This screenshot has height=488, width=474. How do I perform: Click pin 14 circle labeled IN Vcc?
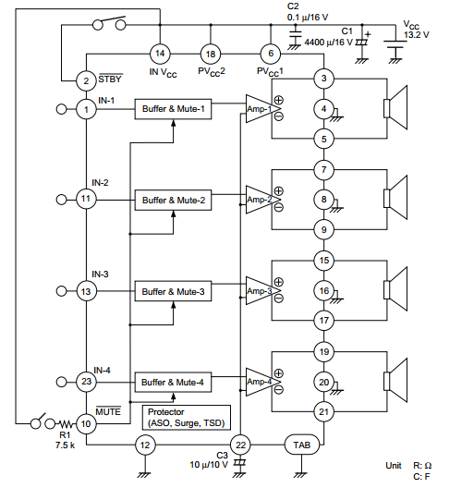160,54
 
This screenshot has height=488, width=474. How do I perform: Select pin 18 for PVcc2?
211,54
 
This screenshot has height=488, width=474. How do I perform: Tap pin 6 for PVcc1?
270,54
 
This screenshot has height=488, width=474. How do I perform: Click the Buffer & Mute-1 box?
176,110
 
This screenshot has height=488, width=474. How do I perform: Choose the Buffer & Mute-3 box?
176,291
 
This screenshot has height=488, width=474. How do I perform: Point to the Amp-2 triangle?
260,200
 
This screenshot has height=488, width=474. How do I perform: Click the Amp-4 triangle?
260,381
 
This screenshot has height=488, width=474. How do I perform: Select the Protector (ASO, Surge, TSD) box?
185,417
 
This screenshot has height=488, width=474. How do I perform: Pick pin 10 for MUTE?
86,423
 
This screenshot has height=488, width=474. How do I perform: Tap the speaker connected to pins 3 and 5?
398,110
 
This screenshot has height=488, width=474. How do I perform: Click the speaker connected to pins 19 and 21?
398,381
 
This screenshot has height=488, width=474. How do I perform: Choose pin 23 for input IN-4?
86,381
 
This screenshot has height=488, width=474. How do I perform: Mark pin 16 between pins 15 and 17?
322,291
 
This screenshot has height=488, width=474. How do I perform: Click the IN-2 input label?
100,183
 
